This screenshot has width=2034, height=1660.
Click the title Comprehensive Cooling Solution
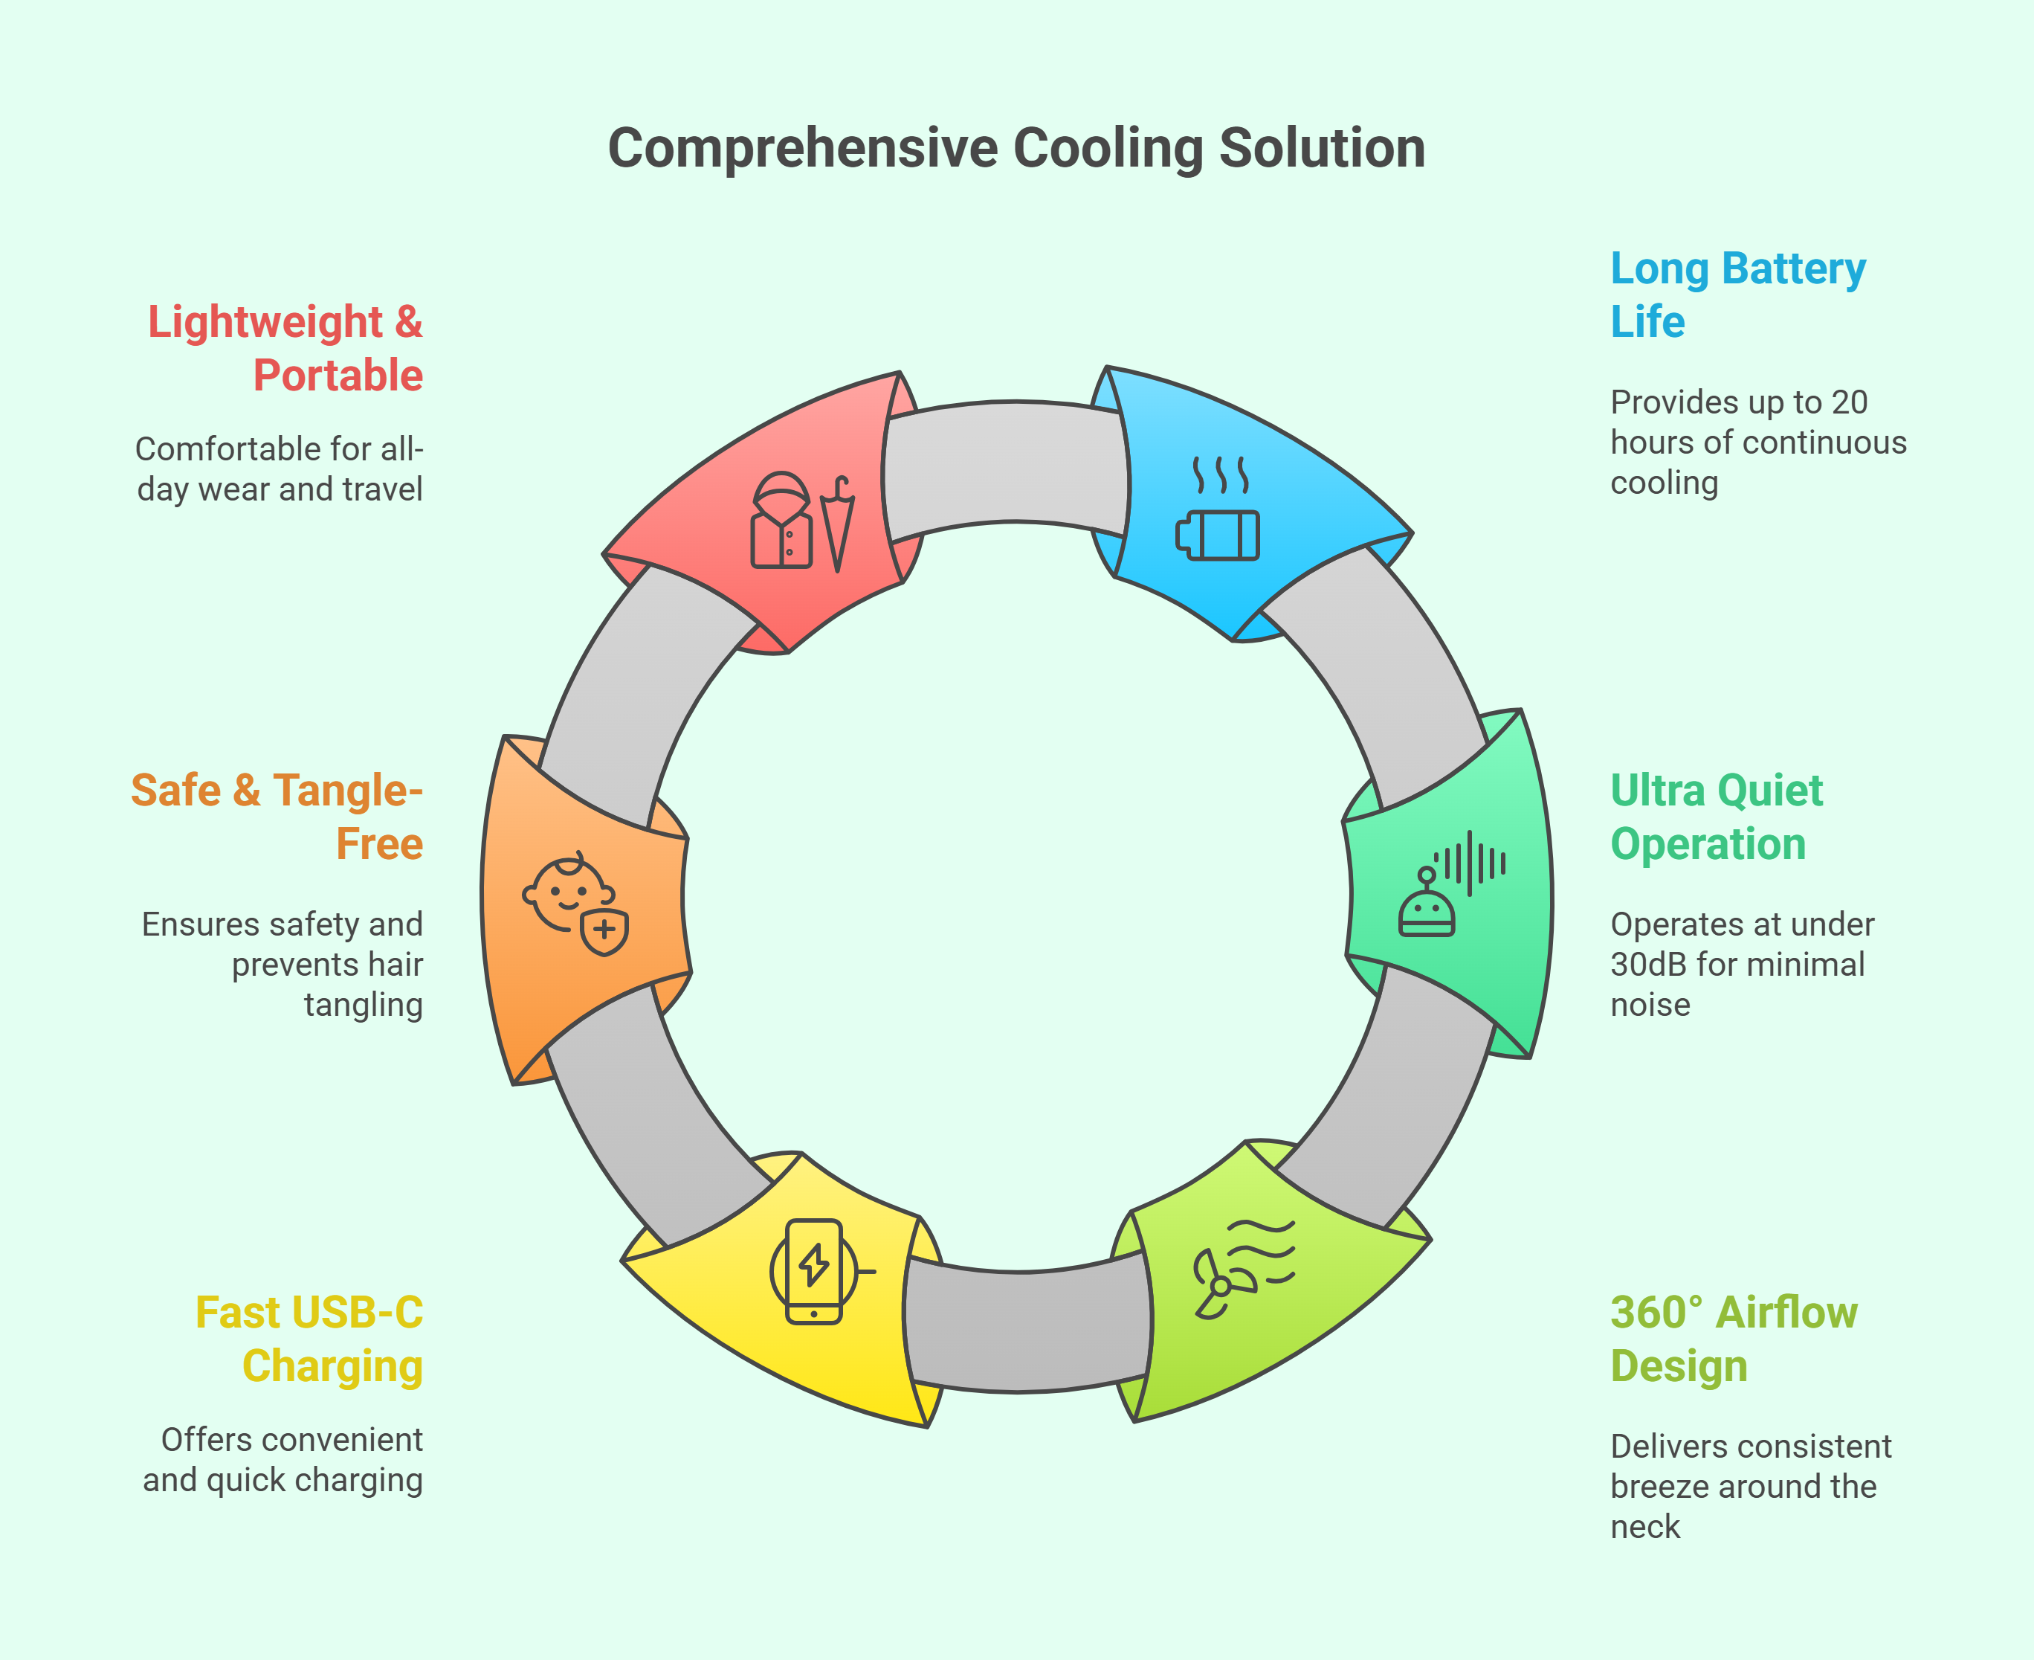pos(1017,148)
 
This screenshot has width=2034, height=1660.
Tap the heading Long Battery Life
pos(1737,295)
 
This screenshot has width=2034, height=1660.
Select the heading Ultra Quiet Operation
pos(1717,817)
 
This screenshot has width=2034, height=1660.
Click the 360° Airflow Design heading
pos(1734,1339)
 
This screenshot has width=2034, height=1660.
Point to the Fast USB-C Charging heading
pos(309,1339)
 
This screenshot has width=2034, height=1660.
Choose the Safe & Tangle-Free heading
pos(277,817)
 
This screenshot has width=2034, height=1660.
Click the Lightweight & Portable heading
pos(285,348)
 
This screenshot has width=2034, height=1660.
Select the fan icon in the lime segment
pos(1244,1269)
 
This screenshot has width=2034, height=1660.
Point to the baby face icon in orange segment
pos(575,903)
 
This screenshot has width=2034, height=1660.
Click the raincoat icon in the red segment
pos(782,520)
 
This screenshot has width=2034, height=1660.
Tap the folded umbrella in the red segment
pos(837,523)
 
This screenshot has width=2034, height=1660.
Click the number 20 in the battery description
pos(1850,402)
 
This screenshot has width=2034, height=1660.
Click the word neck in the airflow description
pos(1645,1527)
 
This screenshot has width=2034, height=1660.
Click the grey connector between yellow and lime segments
pos(1027,1328)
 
